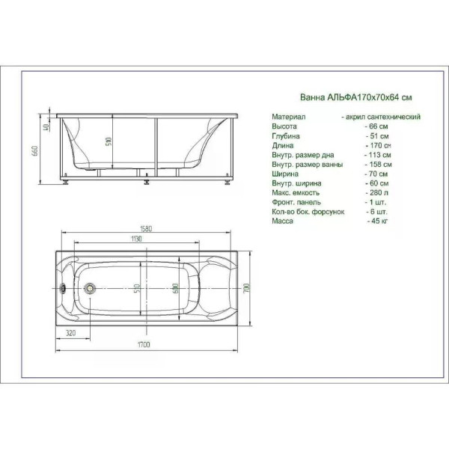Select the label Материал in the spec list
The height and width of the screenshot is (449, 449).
tap(287, 117)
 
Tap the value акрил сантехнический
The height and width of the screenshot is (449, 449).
tap(380, 117)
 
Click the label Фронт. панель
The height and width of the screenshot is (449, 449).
tap(296, 202)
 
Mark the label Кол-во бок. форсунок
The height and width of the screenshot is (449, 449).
tap(308, 212)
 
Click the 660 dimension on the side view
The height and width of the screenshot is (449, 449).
tap(34, 150)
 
